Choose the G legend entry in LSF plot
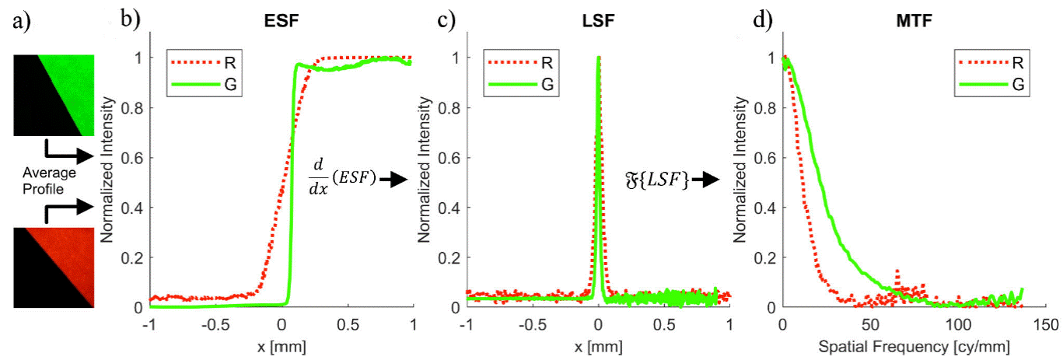point(547,83)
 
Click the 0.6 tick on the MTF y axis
point(770,158)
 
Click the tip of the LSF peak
point(598,58)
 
